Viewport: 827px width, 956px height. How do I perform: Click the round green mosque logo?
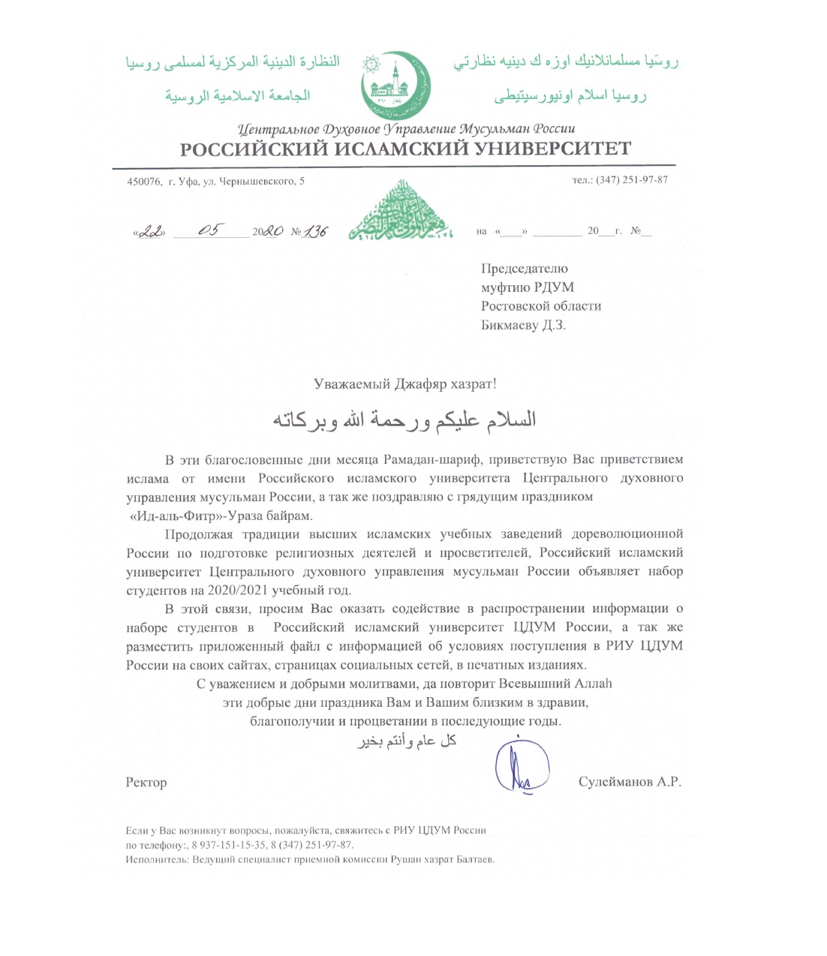pyautogui.click(x=395, y=86)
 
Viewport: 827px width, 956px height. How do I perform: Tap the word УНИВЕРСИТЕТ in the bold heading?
pyautogui.click(x=552, y=149)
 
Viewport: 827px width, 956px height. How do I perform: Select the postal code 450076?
pyautogui.click(x=144, y=181)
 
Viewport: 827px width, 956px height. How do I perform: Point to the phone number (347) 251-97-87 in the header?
pyautogui.click(x=631, y=180)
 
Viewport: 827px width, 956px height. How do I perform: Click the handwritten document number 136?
pyautogui.click(x=315, y=232)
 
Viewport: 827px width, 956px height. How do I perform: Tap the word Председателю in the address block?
pyautogui.click(x=524, y=269)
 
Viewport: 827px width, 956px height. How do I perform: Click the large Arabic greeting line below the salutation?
pyautogui.click(x=404, y=419)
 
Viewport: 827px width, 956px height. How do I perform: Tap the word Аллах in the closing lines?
pyautogui.click(x=593, y=684)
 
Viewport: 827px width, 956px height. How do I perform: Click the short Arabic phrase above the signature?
pyautogui.click(x=407, y=741)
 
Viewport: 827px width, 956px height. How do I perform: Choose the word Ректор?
pyautogui.click(x=146, y=783)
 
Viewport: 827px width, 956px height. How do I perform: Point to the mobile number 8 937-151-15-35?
pyautogui.click(x=229, y=845)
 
